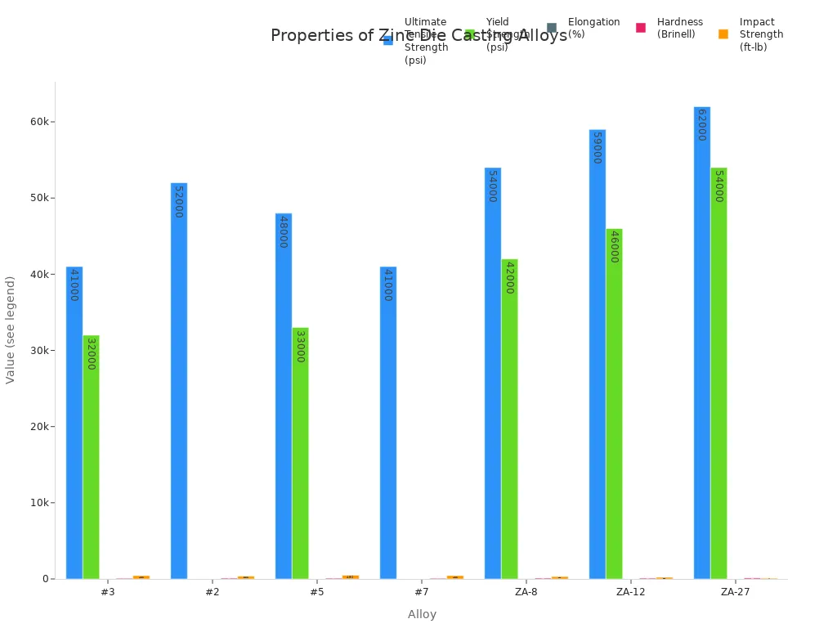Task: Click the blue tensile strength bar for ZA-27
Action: (701, 343)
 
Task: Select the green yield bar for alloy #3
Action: (91, 457)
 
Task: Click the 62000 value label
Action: (701, 125)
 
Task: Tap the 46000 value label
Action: (614, 246)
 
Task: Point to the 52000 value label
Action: (178, 201)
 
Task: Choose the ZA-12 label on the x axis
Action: (630, 592)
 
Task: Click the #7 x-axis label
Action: (421, 592)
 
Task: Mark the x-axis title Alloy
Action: (422, 614)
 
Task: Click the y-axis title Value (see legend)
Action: (11, 330)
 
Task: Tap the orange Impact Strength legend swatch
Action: (723, 34)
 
